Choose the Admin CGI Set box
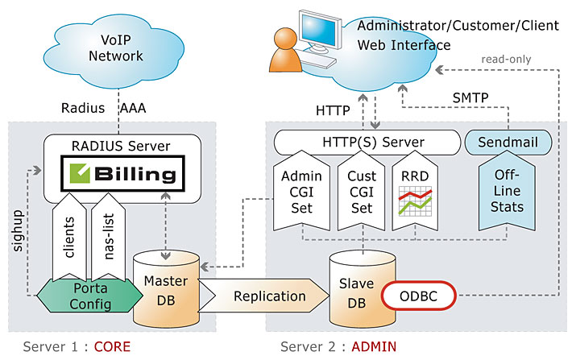(302, 194)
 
